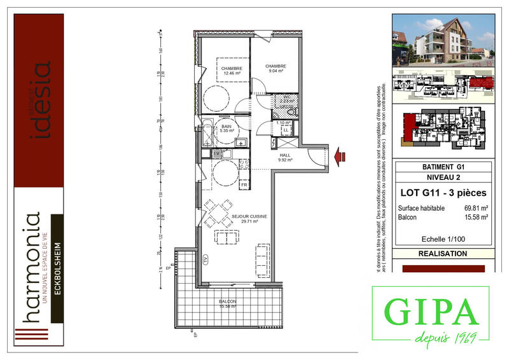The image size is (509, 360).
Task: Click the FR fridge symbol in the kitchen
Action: click(x=243, y=184)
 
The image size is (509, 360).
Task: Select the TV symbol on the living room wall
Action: click(x=206, y=258)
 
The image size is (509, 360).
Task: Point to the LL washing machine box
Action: click(x=286, y=130)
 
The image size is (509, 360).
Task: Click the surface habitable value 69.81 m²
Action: click(x=476, y=208)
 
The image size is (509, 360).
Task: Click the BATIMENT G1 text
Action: click(x=443, y=167)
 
